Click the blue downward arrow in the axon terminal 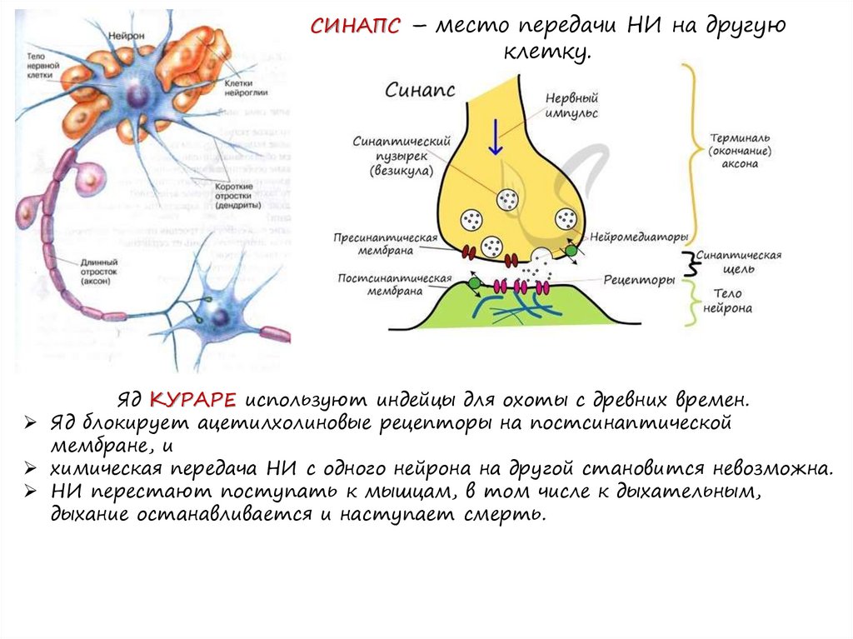point(496,137)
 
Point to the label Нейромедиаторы point(636,237)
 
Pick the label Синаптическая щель point(738,262)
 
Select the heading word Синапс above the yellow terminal point(419,90)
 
